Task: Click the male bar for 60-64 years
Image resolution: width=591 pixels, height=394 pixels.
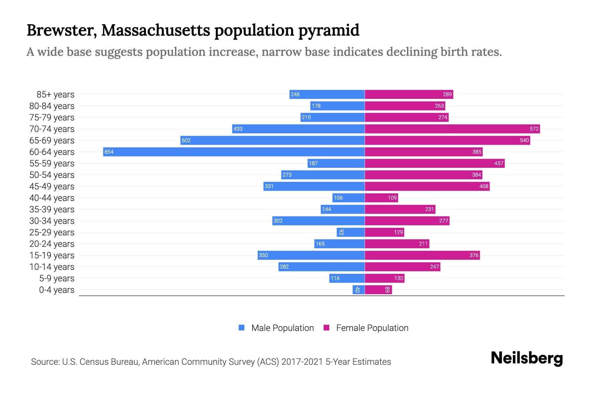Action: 234,152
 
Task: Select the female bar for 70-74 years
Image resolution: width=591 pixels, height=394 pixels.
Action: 452,129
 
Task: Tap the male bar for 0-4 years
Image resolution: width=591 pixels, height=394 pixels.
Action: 359,290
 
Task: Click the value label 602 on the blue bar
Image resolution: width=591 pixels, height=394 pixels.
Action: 186,140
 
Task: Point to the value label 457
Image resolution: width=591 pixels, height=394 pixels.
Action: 498,163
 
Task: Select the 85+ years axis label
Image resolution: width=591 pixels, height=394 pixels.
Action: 55,95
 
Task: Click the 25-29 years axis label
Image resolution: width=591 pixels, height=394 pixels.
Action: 52,232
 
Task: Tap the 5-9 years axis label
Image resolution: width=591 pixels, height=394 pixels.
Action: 57,278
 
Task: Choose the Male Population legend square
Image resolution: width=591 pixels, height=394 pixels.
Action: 242,328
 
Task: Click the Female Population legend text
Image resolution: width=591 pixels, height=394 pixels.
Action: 372,328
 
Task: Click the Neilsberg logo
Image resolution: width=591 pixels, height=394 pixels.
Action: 527,358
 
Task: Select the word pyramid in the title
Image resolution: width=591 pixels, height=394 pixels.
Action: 329,30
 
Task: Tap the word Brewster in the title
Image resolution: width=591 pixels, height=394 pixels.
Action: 61,30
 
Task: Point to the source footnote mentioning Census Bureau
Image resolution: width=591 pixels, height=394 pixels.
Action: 211,361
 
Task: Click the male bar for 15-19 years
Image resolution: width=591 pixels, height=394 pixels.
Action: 311,255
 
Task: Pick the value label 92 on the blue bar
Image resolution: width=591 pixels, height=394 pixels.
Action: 341,232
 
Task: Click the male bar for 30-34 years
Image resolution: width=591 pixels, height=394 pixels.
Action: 318,221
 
